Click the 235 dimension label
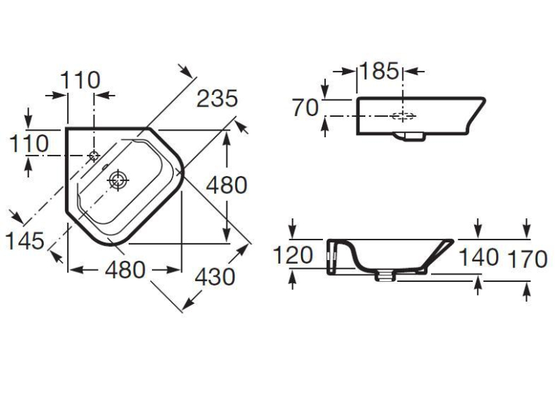(217, 99)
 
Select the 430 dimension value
(215, 277)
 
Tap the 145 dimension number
(25, 241)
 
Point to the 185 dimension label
(379, 71)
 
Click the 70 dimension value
(305, 107)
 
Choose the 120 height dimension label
(293, 255)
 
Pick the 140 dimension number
(479, 257)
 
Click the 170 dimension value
(528, 259)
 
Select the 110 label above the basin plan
(80, 80)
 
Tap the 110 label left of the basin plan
(28, 144)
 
